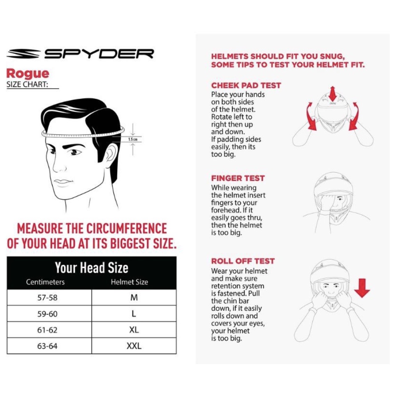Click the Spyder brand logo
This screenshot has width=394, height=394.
pos(80,54)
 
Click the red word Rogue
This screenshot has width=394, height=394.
pos(27,73)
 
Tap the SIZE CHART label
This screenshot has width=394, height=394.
pos(26,84)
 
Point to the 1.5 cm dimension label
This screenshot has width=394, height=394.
pos(133,139)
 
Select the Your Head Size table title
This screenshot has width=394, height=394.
pos(91,268)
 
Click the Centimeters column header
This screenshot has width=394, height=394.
pos(45,282)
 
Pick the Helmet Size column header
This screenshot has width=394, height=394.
pos(129,282)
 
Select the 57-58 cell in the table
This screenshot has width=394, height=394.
pos(47,298)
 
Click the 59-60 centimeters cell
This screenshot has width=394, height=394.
pos(47,314)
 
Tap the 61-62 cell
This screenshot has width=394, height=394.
pos(47,330)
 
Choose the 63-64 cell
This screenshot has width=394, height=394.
pos(47,346)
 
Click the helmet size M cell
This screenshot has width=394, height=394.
pos(134,298)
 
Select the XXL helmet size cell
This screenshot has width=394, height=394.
pos(134,346)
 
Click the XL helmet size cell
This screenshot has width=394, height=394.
pos(134,330)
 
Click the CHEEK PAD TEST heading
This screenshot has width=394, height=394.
pos(246,85)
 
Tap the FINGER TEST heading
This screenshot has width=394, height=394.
pos(238,178)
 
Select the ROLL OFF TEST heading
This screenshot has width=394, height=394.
pos(243,261)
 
